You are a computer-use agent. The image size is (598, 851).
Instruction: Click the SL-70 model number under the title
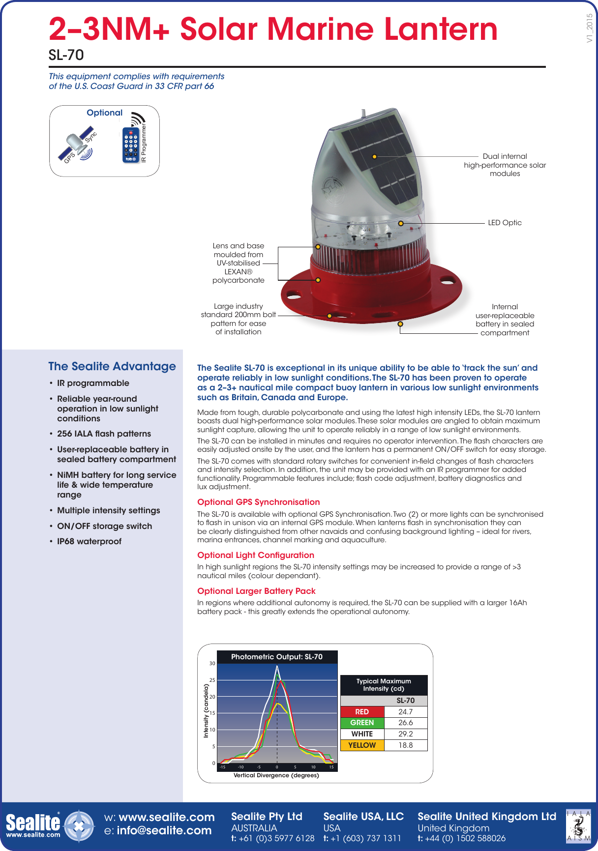coord(66,55)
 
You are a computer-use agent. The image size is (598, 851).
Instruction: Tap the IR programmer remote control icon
coord(130,146)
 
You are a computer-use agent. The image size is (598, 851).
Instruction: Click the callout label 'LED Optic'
coord(505,223)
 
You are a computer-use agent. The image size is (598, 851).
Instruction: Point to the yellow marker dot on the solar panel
coord(374,157)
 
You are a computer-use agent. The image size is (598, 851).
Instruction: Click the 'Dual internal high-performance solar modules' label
coord(505,165)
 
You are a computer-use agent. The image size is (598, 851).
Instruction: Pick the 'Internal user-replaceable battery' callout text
coord(505,320)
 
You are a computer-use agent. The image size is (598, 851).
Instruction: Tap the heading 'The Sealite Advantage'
coord(112,366)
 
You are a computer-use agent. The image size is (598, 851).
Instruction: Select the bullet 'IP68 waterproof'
coord(89,541)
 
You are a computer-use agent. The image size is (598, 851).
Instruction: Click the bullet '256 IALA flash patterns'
coord(104,434)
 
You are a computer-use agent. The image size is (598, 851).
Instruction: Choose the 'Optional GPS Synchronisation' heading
coord(258,502)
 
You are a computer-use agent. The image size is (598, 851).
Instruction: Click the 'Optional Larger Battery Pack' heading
coord(256,591)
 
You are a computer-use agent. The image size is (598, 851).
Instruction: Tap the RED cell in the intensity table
coord(362,712)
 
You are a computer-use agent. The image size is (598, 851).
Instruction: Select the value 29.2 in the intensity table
coord(405,734)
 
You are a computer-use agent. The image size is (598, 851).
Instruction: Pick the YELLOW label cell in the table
coord(362,745)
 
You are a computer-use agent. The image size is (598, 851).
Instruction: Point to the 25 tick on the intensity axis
coord(212,680)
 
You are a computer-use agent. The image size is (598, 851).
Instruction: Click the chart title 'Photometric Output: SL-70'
coord(277,657)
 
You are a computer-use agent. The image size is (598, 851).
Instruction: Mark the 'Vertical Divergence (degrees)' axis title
coord(276,775)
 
